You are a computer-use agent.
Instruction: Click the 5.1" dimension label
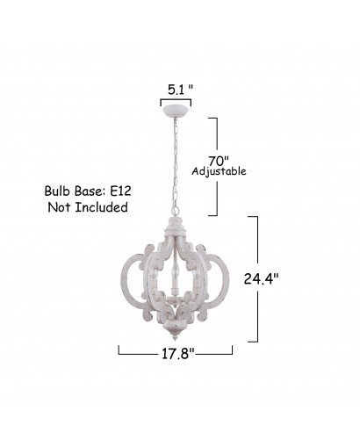point(181,90)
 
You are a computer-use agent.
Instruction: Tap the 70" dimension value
point(218,161)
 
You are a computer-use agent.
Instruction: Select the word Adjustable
point(219,171)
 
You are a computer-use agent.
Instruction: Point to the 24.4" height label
point(261,278)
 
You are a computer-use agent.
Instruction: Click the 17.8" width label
point(178,354)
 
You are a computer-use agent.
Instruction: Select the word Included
point(101,207)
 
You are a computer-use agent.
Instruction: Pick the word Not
point(59,207)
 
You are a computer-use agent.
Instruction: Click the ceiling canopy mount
point(176,111)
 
